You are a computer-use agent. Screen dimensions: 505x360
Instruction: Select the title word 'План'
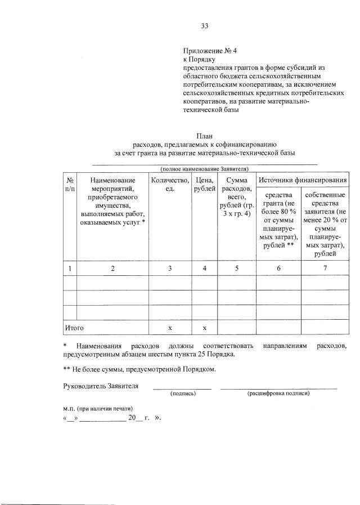pyautogui.click(x=204, y=136)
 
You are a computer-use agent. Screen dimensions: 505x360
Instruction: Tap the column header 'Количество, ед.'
pyautogui.click(x=170, y=184)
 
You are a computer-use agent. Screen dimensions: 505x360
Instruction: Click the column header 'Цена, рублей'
pyautogui.click(x=205, y=184)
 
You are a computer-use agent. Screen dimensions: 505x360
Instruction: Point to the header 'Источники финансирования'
pyautogui.click(x=302, y=180)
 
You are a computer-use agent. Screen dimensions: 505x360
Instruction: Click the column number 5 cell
pyautogui.click(x=237, y=269)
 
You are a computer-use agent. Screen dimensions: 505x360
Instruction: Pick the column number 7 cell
pyautogui.click(x=325, y=269)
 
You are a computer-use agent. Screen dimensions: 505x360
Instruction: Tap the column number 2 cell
pyautogui.click(x=112, y=269)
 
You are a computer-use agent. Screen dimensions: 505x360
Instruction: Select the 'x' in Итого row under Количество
pyautogui.click(x=170, y=328)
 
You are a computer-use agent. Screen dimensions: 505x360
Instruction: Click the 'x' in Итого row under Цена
pyautogui.click(x=205, y=328)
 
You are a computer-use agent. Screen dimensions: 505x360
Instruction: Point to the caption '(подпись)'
pyautogui.click(x=183, y=394)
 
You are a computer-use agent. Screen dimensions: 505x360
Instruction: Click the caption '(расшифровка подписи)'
pyautogui.click(x=278, y=394)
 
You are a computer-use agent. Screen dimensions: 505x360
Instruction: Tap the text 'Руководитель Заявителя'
pyautogui.click(x=100, y=386)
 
